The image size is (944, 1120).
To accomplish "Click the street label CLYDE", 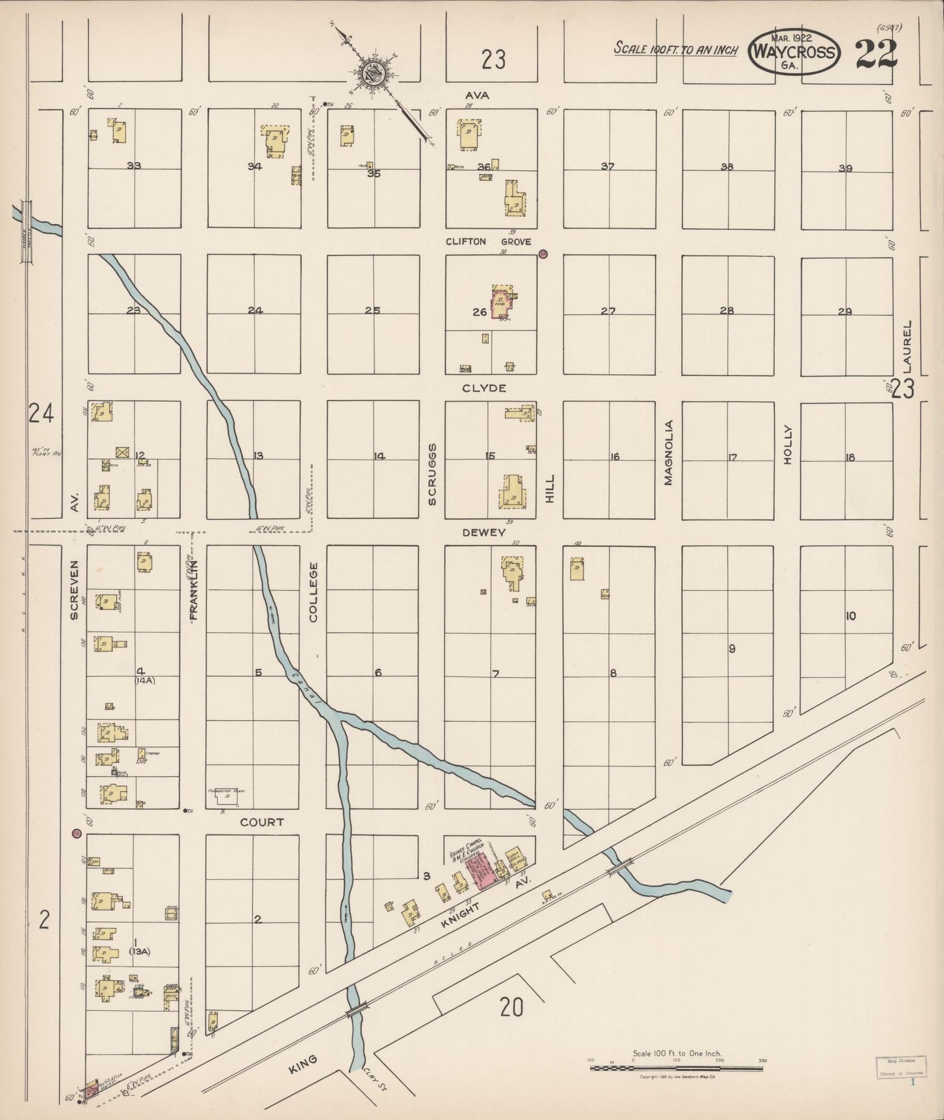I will point(484,388).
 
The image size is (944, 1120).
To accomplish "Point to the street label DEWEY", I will point(484,533).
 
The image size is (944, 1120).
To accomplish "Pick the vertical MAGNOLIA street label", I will point(668,452).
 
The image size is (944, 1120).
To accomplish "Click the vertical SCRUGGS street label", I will point(432,474).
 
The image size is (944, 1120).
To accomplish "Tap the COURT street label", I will point(262,822).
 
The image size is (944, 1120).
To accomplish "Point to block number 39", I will point(845,169).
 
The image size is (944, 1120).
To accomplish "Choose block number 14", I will point(379,456).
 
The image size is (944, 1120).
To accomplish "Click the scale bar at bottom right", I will point(676,1069).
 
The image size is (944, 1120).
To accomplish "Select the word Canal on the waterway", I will point(301,686).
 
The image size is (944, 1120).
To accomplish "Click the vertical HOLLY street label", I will point(787,444).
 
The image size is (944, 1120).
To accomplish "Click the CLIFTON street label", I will point(466,242).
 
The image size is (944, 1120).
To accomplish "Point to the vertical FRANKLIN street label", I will point(193,590).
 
